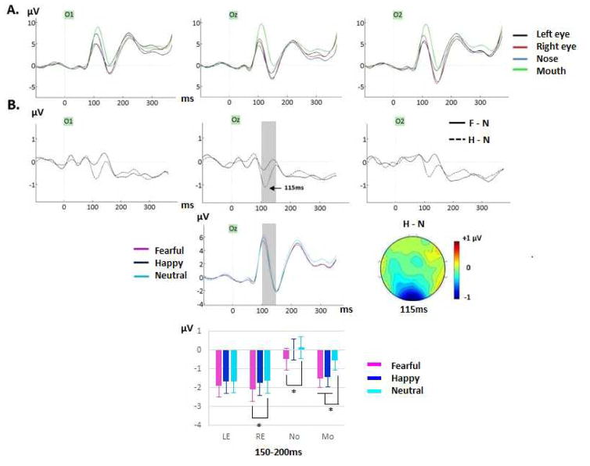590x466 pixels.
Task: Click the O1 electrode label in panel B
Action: [x=69, y=122]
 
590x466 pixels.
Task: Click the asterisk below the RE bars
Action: [x=259, y=425]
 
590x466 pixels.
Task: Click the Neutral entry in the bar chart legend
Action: [x=407, y=389]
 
